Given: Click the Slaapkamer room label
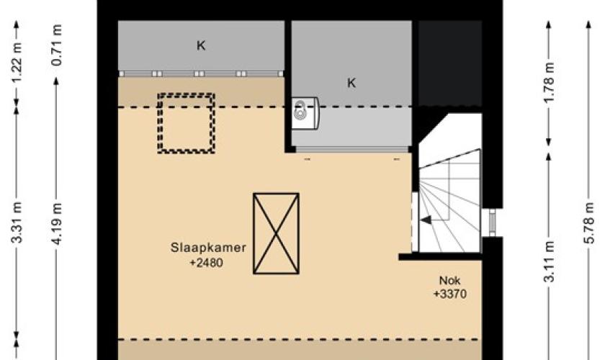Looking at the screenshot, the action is [208, 248].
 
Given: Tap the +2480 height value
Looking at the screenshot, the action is [207, 263].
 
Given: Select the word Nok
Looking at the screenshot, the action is [450, 281].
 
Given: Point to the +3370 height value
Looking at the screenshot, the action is [450, 294].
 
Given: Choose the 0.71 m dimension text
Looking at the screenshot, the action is [56, 45].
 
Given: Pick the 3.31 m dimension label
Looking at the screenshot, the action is [17, 222].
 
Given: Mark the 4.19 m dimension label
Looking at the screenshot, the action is [56, 223].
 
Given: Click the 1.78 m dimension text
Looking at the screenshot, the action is [549, 82].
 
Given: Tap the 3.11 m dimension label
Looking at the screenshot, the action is [549, 261].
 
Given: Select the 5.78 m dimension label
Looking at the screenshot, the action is [588, 222].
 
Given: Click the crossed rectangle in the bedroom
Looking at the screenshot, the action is [276, 233].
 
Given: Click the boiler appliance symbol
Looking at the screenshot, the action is [305, 113].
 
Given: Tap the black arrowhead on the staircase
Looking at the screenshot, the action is [426, 220].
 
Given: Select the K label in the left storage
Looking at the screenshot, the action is [201, 46].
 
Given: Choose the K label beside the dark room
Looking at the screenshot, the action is [351, 83].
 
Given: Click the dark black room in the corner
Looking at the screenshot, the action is [450, 63].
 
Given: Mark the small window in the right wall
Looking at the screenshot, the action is [493, 222].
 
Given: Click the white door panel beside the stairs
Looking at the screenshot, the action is [415, 222].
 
